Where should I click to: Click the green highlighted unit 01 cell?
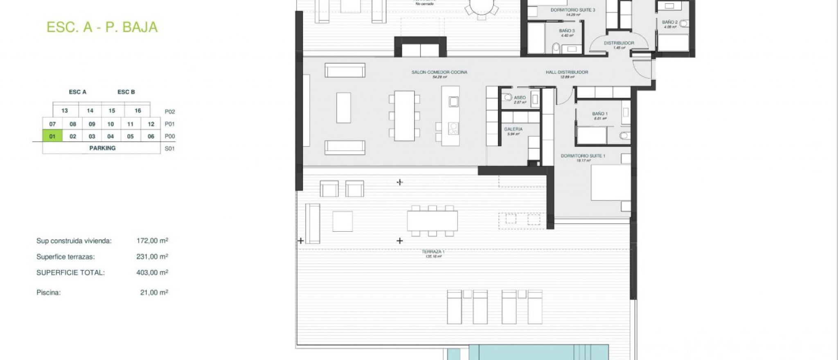tap(52, 136)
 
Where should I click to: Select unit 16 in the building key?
tap(137, 110)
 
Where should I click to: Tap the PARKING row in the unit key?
tap(102, 148)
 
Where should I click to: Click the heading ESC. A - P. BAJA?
tap(102, 27)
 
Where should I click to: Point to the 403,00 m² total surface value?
tap(152, 272)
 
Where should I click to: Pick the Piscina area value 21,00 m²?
tap(154, 292)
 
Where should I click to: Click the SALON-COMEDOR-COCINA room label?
tap(439, 72)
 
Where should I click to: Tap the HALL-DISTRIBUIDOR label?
tap(567, 72)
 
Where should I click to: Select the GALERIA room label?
tap(513, 129)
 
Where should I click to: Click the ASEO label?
tap(520, 98)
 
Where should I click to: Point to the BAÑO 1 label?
tap(599, 114)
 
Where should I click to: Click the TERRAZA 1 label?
tap(433, 252)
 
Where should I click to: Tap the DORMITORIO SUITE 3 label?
tap(572, 10)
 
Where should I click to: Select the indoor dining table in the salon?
tap(404, 116)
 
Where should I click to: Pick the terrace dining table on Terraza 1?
tap(432, 221)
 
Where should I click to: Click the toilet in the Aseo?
tap(507, 98)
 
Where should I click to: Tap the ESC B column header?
tap(126, 92)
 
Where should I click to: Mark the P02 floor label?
tap(169, 112)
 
